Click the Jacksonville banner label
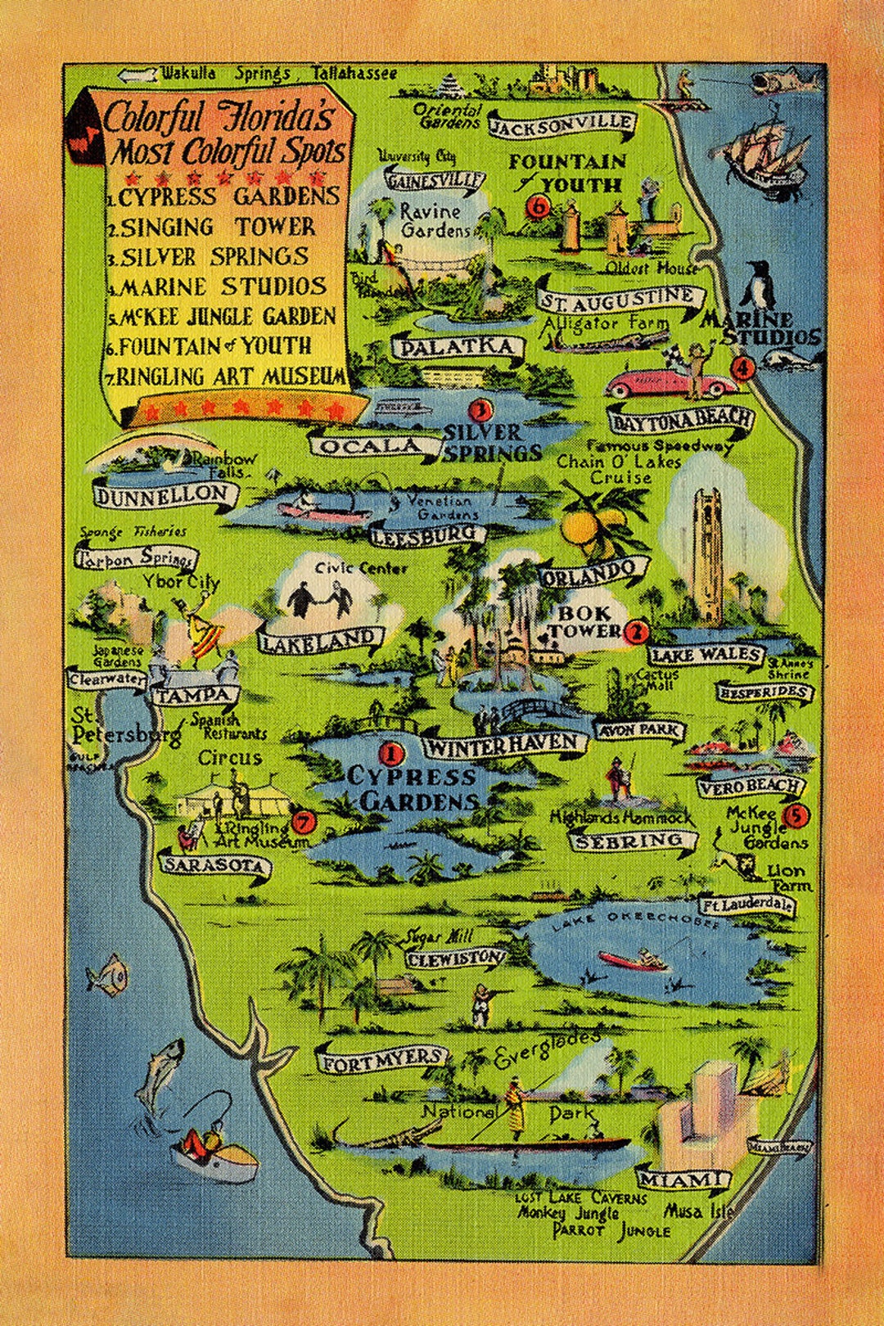562,124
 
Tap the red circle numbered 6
539,206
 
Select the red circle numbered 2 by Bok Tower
636,631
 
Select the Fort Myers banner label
381,1062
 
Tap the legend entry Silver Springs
214,257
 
